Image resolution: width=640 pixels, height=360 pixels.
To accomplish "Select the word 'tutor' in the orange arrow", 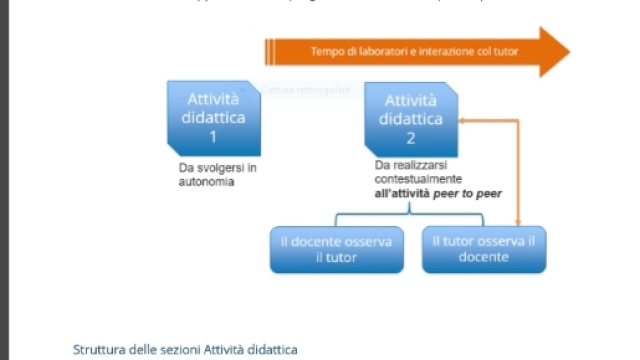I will [505, 51].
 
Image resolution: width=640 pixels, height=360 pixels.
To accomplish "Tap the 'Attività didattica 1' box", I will [212, 118].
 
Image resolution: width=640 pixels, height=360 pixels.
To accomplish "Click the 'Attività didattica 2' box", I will [410, 118].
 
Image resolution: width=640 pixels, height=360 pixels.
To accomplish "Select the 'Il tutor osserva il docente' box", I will [484, 249].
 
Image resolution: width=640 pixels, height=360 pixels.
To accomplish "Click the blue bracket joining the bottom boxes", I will [409, 214].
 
